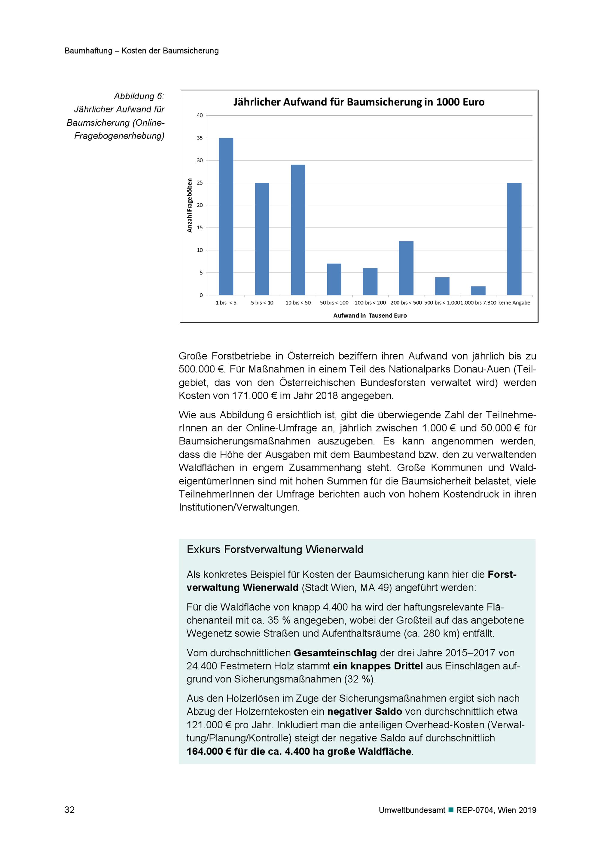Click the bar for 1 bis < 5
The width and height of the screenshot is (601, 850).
click(226, 217)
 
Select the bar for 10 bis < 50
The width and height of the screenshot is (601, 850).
click(298, 230)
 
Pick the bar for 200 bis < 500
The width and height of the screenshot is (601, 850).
click(406, 268)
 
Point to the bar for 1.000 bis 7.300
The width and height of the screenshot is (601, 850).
click(478, 291)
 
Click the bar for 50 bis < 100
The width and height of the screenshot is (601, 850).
click(334, 279)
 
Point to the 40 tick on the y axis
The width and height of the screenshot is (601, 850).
click(200, 115)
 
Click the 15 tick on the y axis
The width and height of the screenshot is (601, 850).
click(200, 228)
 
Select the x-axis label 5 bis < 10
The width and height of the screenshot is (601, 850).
click(262, 303)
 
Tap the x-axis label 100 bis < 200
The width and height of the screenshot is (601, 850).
click(370, 303)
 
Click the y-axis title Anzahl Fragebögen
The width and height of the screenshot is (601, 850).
click(190, 206)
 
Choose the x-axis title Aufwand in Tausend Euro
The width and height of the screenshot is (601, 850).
click(370, 315)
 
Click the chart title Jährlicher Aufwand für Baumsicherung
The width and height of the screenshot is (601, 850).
click(358, 102)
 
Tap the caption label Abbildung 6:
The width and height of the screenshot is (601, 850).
click(139, 96)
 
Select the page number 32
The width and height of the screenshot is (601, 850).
click(70, 810)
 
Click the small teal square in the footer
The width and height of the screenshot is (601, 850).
click(451, 810)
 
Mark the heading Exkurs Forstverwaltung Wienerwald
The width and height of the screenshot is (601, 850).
click(275, 549)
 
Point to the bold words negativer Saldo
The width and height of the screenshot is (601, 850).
click(365, 711)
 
